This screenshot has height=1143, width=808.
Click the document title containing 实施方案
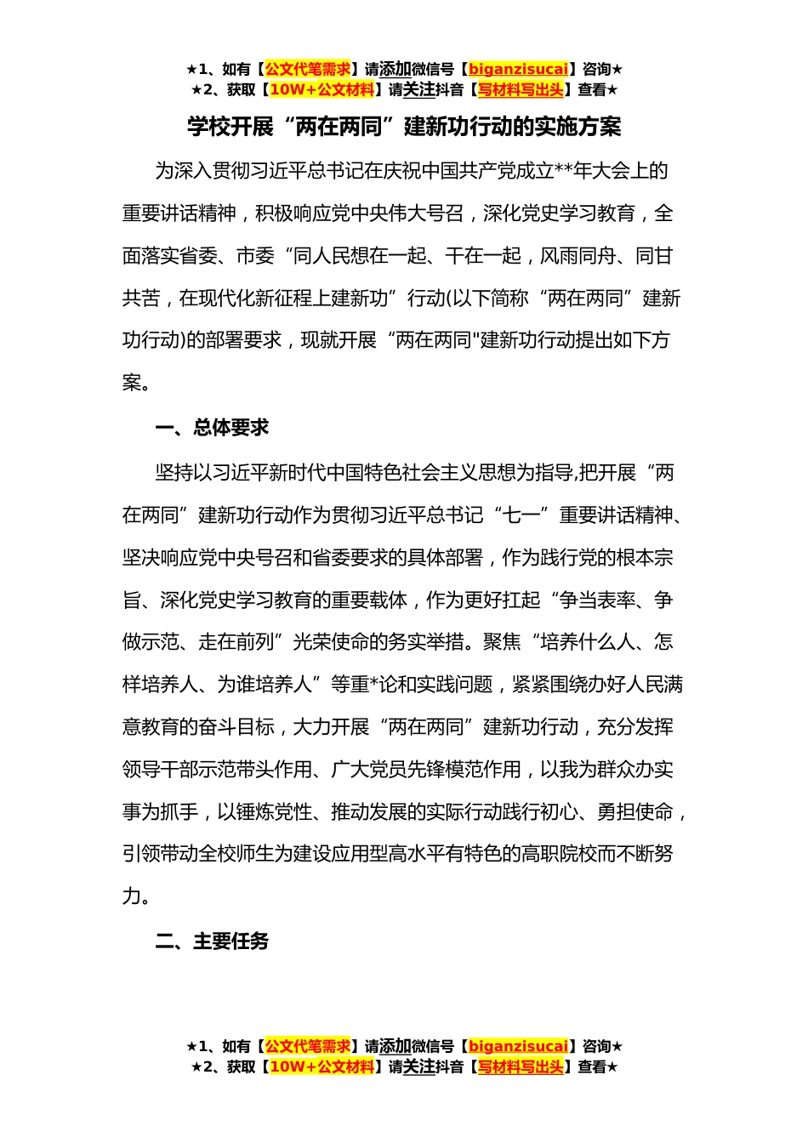[x=404, y=127]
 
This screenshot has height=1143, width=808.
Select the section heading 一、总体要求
[x=212, y=428]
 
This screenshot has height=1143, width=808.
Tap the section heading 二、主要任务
[x=212, y=941]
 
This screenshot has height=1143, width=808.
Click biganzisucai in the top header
[x=518, y=69]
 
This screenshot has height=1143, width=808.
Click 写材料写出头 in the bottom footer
[x=521, y=1066]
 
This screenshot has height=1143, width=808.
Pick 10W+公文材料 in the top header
[x=321, y=89]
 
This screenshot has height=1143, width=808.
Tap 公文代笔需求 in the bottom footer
[x=308, y=1046]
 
